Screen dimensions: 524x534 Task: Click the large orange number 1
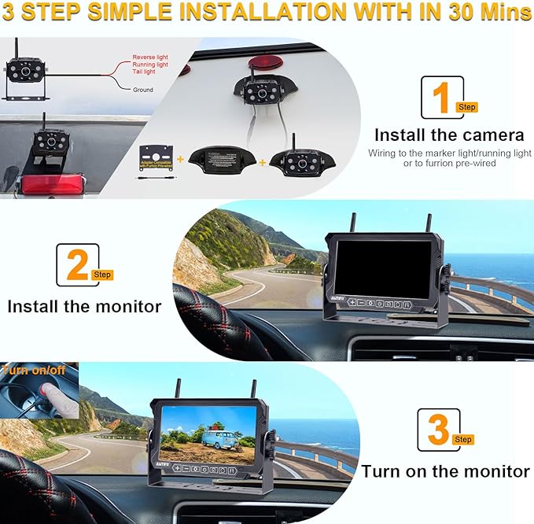[x=441, y=99]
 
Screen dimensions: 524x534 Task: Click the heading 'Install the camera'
[x=448, y=135]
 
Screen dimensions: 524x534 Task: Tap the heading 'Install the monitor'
[x=84, y=306]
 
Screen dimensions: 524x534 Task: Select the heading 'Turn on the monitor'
[x=445, y=471]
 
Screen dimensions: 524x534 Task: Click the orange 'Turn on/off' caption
[x=33, y=369]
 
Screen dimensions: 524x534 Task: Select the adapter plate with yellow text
[x=157, y=157]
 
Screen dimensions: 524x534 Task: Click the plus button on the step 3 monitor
[x=178, y=468]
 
